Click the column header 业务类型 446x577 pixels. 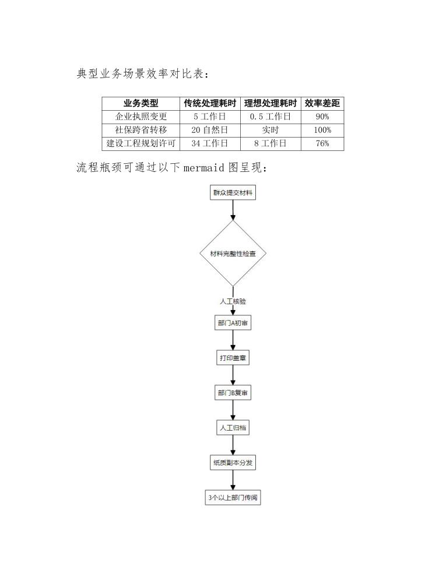pos(141,103)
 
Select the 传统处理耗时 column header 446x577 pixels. pos(210,103)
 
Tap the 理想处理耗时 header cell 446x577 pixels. pos(270,103)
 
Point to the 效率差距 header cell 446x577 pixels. pos(322,103)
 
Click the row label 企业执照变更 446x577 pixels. pos(141,117)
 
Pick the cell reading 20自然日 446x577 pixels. pos(210,130)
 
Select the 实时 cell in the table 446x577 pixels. pos(270,130)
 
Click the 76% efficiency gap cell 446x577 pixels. pos(322,143)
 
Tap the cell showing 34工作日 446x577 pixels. pos(210,143)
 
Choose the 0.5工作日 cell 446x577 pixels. pos(270,117)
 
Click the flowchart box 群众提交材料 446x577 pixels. pos(233,192)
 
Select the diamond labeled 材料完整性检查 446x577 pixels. pos(233,254)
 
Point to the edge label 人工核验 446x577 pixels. pos(233,301)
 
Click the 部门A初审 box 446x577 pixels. pos(233,323)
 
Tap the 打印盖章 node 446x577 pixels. pos(233,358)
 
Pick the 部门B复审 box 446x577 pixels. pos(233,393)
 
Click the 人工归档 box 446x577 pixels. pos(233,428)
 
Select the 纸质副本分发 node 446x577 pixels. pos(233,463)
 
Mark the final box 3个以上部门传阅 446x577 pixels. pos(233,498)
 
